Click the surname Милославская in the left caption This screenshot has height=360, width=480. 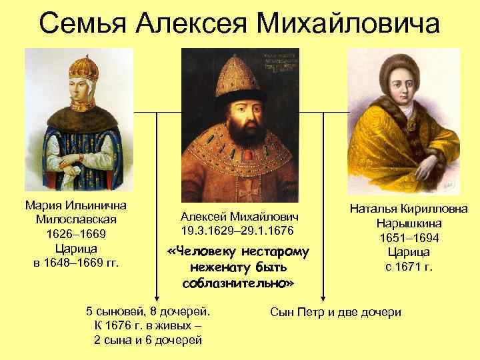pyautogui.click(x=75, y=220)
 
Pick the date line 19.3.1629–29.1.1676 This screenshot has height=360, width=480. pyautogui.click(x=237, y=230)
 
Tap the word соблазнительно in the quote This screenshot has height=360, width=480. pyautogui.click(x=237, y=283)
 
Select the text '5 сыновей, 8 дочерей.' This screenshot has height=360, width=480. pyautogui.click(x=148, y=311)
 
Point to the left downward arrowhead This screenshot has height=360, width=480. pyautogui.click(x=157, y=299)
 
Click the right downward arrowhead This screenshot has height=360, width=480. pyautogui.click(x=324, y=299)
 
